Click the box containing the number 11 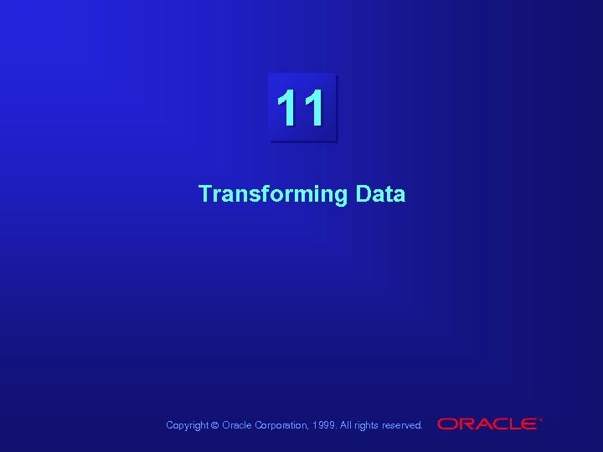pyautogui.click(x=302, y=108)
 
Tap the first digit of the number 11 pyautogui.click(x=287, y=109)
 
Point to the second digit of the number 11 pyautogui.click(x=312, y=109)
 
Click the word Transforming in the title pyautogui.click(x=273, y=195)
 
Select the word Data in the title pyautogui.click(x=380, y=194)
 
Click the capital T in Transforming pyautogui.click(x=205, y=194)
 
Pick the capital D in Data pyautogui.click(x=363, y=194)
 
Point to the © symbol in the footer pyautogui.click(x=214, y=425)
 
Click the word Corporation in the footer pyautogui.click(x=281, y=425)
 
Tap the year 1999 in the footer pyautogui.click(x=326, y=425)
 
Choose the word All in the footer pyautogui.click(x=347, y=425)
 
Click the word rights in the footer pyautogui.click(x=367, y=425)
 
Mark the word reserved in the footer pyautogui.click(x=402, y=425)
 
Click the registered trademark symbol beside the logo pyautogui.click(x=541, y=419)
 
